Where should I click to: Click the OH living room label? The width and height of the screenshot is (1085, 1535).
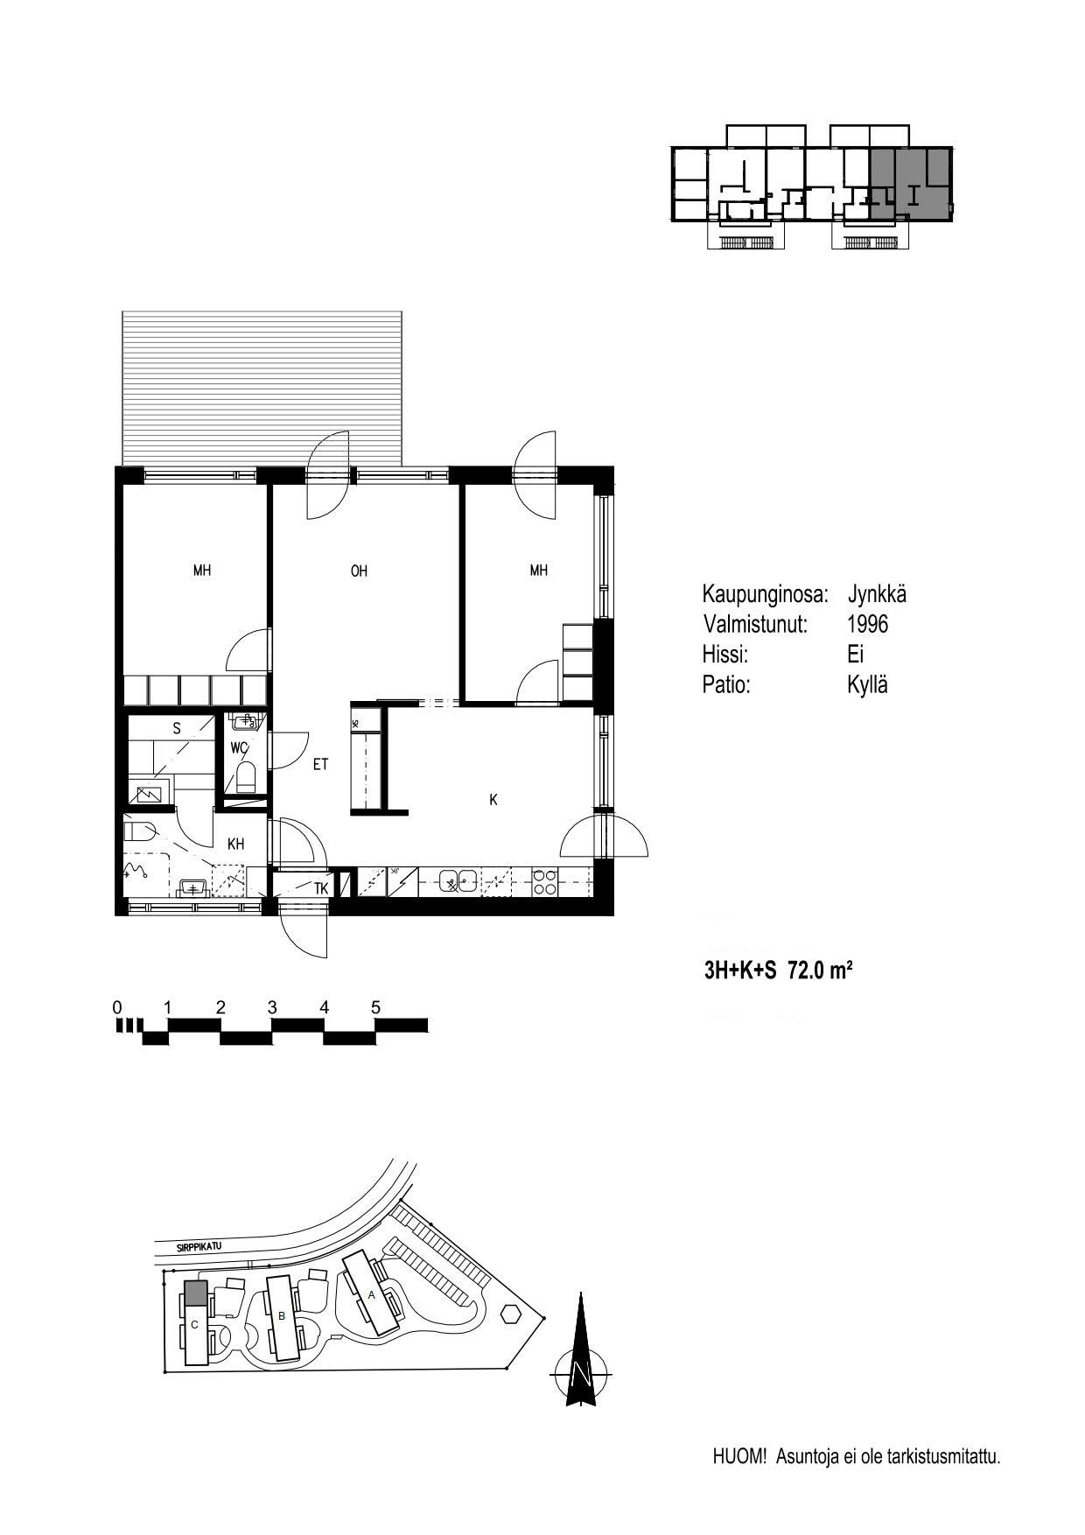[359, 571]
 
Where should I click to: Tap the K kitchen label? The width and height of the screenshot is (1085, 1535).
[493, 800]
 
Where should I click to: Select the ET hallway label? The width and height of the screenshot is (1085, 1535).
[320, 765]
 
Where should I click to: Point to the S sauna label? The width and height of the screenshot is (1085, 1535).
[177, 728]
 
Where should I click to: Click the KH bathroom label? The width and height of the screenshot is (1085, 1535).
[235, 844]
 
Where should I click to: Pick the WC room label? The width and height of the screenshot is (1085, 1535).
[240, 748]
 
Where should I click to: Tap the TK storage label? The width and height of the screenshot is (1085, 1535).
[321, 888]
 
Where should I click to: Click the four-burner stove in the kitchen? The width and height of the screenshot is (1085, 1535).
[544, 881]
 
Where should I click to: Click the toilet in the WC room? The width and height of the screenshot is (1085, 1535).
[246, 776]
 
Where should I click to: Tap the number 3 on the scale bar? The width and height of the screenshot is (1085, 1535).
[272, 1008]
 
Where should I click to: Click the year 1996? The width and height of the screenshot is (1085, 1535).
[868, 624]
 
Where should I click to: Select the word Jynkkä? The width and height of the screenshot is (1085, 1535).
[877, 595]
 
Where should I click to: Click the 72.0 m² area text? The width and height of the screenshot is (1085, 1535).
[821, 970]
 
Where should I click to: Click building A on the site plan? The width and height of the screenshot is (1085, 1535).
[372, 1294]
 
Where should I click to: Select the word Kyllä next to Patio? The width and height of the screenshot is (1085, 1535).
[867, 685]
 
